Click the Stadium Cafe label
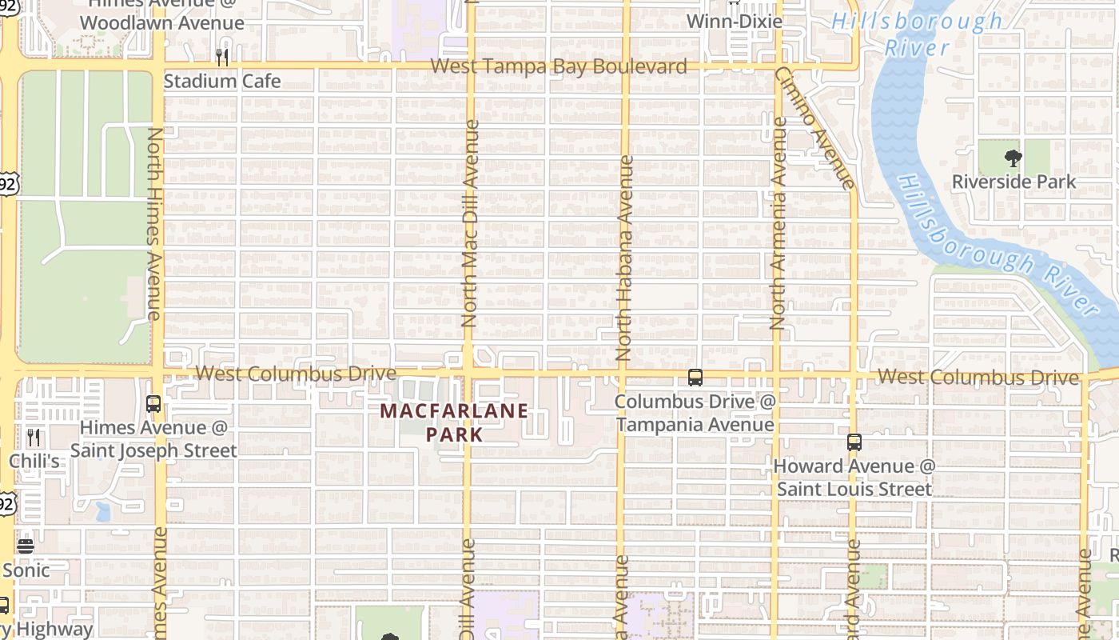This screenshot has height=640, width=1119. [x=222, y=81]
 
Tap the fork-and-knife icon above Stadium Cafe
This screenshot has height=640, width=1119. [x=222, y=58]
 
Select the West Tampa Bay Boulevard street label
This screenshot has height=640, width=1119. [x=559, y=66]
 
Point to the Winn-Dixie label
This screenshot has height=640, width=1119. [x=735, y=22]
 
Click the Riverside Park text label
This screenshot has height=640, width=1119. [x=1013, y=182]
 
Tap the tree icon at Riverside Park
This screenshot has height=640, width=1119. [x=1013, y=158]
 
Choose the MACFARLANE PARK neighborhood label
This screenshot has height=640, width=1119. [x=454, y=422]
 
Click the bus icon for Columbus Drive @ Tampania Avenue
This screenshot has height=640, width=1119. [x=695, y=378]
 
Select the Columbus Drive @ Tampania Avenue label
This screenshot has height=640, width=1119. [x=695, y=413]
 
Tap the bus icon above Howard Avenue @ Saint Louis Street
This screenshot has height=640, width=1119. [x=854, y=442]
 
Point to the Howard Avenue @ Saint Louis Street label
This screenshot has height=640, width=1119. [x=854, y=477]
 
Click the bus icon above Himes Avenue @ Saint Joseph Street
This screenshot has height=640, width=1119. [x=153, y=404]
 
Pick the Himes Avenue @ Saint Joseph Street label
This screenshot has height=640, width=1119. [x=153, y=439]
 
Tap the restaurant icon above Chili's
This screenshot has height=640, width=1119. [x=34, y=438]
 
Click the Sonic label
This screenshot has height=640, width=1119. [x=26, y=570]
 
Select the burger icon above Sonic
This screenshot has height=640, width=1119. [x=26, y=546]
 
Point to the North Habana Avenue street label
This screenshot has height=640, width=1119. [x=625, y=258]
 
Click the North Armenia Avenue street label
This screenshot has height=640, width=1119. [x=779, y=224]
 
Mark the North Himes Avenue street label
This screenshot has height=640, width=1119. [x=154, y=224]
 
